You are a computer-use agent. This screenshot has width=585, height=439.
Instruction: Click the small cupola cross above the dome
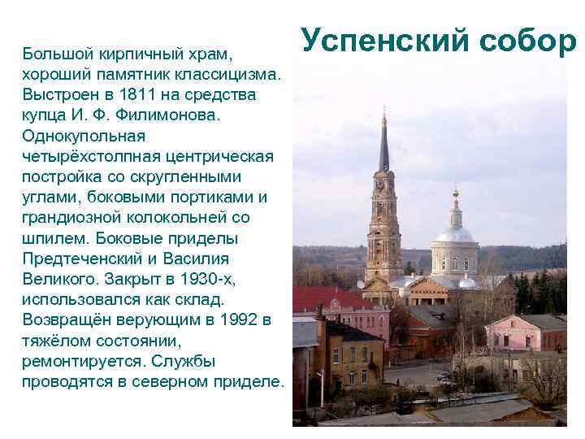pyautogui.click(x=455, y=194)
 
